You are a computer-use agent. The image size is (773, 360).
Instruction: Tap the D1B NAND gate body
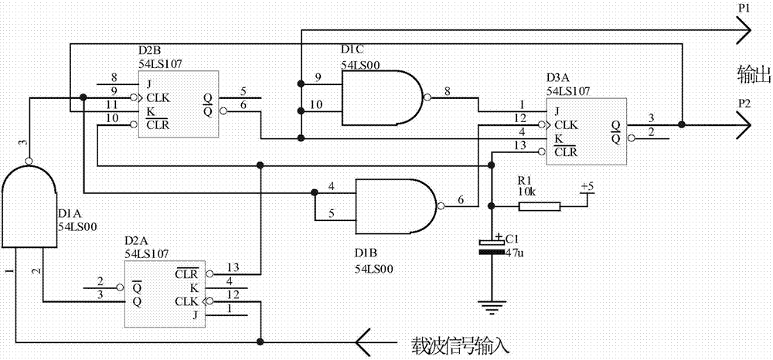(394, 205)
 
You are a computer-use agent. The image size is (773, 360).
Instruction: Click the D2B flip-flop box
(177, 105)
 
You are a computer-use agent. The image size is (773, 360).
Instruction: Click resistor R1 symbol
(539, 205)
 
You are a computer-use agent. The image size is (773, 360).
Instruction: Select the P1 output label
(744, 8)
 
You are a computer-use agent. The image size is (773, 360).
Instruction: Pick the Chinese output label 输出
(754, 74)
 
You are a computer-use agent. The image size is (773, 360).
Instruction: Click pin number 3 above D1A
(22, 143)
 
